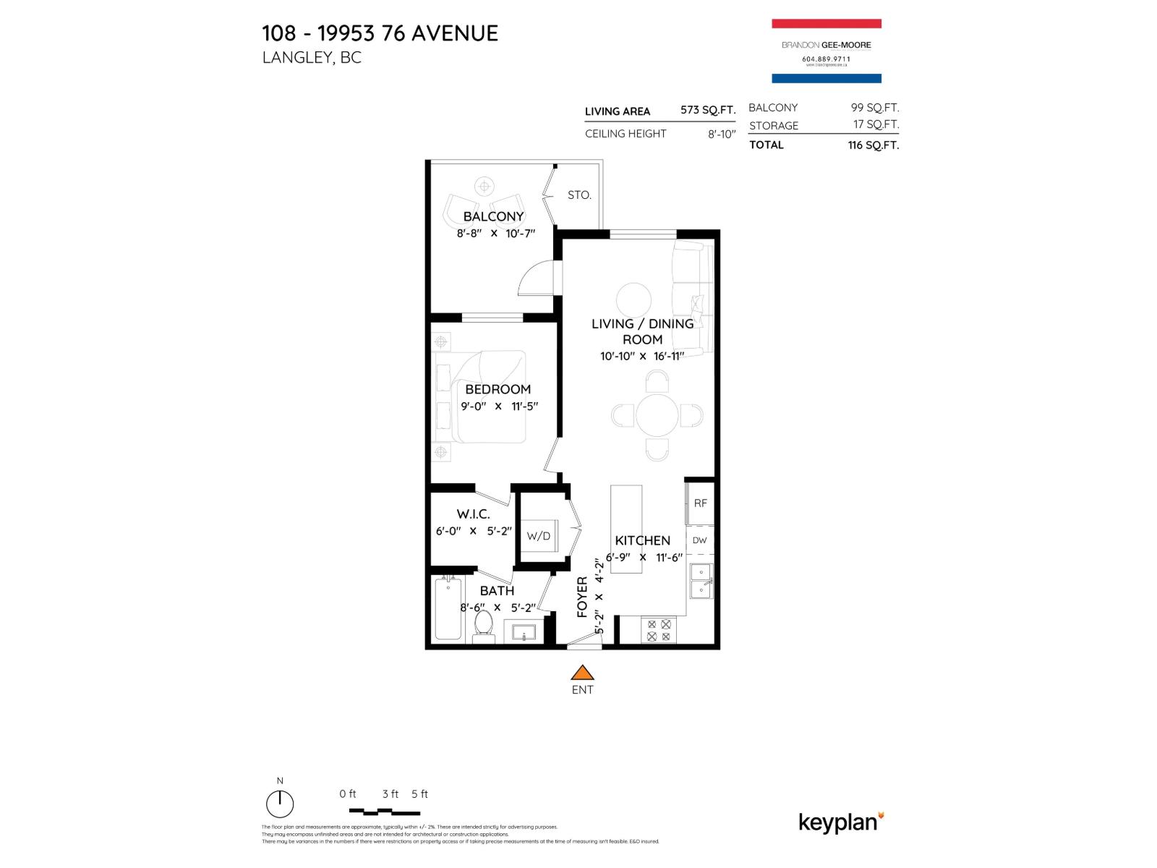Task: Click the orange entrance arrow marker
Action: [x=582, y=673]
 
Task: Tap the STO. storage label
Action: [x=579, y=195]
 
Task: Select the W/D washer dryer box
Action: [x=539, y=536]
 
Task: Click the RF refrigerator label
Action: [x=700, y=503]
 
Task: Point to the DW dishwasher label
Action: [x=699, y=540]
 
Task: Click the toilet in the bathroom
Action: [x=483, y=625]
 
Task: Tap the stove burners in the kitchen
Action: [x=659, y=630]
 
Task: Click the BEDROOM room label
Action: [x=498, y=389]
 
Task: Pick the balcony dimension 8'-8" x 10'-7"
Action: [x=495, y=234]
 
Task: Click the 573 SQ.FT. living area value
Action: [x=707, y=110]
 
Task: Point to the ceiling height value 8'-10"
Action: [x=721, y=134]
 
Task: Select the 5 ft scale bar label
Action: [x=419, y=794]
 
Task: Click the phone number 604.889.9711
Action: [x=826, y=59]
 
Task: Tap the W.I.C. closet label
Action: [x=473, y=514]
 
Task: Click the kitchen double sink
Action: [x=701, y=581]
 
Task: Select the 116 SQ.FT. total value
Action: [x=873, y=145]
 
